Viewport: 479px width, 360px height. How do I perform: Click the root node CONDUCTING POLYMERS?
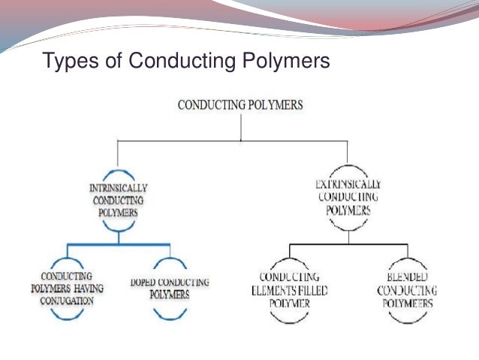[x=240, y=104]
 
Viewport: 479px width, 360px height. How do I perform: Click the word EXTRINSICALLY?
[x=348, y=184]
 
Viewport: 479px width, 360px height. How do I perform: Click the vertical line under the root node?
[x=240, y=128]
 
